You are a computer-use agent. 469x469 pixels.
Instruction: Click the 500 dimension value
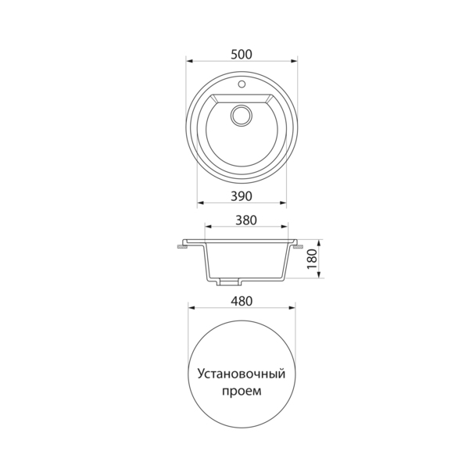(242, 55)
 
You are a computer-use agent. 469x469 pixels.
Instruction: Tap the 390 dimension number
(242, 196)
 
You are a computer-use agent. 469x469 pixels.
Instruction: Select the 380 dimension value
(246, 220)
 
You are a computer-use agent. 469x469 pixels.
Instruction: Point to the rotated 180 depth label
(312, 259)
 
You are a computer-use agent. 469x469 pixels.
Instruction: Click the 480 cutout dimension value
(242, 301)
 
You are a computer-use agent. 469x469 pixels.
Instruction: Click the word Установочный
(241, 374)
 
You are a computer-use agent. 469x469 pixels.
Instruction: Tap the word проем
(242, 392)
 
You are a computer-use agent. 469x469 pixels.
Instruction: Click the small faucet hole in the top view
(242, 84)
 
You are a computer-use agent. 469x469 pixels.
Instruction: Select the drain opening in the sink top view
(242, 116)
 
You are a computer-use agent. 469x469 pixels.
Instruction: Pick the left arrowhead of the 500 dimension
(190, 61)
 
